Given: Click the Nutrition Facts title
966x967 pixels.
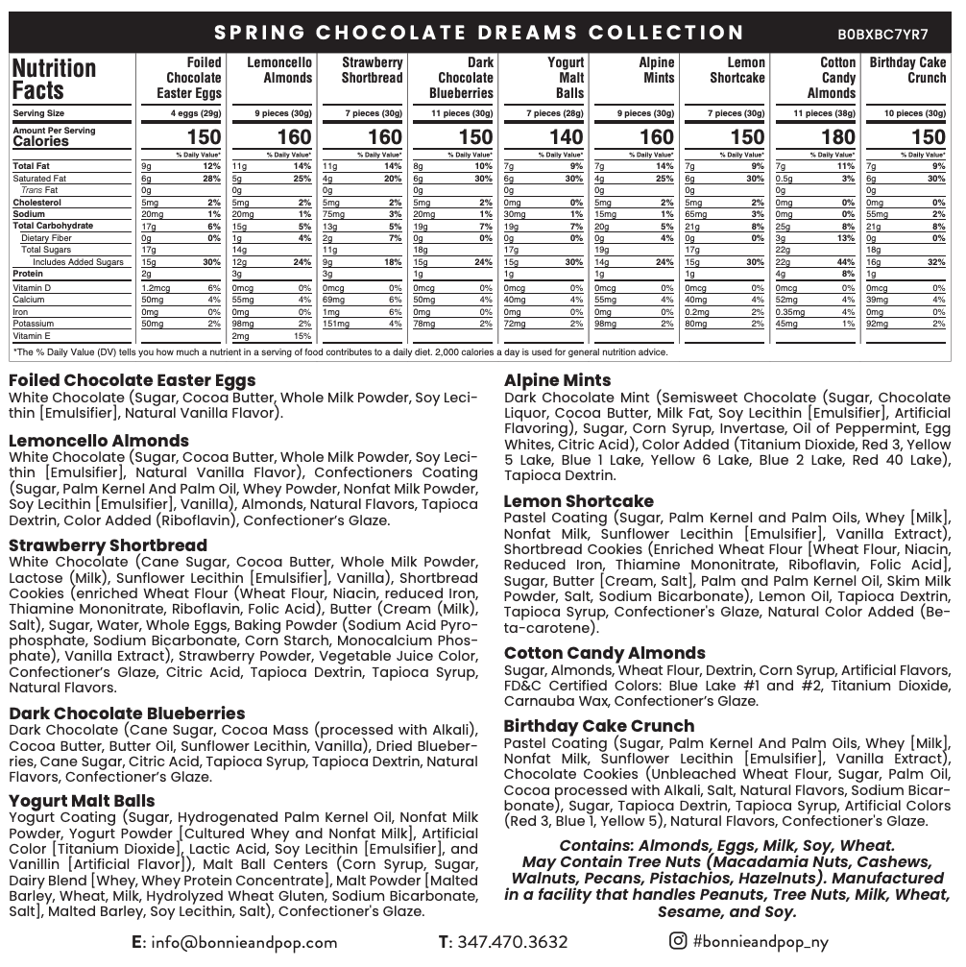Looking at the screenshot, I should (x=54, y=80).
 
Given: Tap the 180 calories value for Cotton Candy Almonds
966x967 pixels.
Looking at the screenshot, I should (x=838, y=137).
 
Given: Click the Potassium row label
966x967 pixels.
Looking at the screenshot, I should (x=34, y=324).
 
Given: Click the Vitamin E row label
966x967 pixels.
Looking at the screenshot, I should (x=32, y=336).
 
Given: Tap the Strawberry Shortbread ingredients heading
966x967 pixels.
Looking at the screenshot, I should (x=108, y=545).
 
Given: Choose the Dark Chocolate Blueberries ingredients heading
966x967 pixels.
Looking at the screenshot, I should (x=127, y=713).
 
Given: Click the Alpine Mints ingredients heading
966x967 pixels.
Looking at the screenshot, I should (x=557, y=380).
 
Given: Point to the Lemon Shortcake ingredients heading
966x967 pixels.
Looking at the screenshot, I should (x=578, y=501).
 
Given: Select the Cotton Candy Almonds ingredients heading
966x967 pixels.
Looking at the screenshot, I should (x=604, y=653).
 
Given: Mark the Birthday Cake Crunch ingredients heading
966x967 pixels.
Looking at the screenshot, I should (x=598, y=726).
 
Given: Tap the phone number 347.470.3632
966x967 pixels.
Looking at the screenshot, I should (x=512, y=942).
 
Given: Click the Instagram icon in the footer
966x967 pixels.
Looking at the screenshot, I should (x=678, y=941).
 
